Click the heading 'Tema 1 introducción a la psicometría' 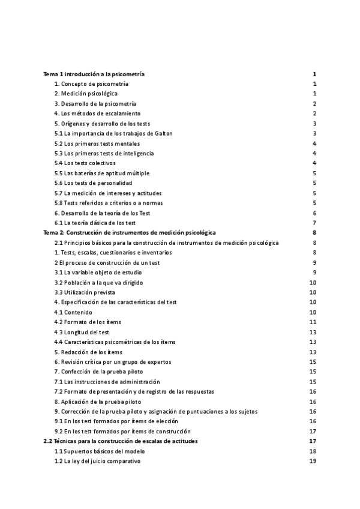[x=94, y=74]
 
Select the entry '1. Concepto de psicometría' [x=91, y=84]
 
